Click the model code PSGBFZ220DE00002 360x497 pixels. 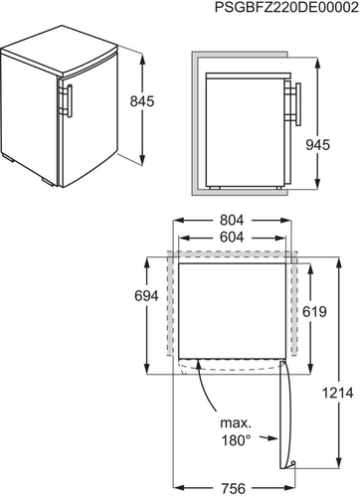coord(286,7)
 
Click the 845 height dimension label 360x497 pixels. coord(142,101)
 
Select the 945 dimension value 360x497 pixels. coord(318,145)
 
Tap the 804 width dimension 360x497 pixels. coord(232,220)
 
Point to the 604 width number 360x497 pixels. coord(232,237)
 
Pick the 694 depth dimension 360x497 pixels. coord(146,295)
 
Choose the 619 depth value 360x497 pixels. coord(314,311)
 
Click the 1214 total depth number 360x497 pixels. coord(338,394)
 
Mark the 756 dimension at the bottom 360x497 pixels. coord(234,488)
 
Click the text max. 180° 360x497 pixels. coord(236,431)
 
